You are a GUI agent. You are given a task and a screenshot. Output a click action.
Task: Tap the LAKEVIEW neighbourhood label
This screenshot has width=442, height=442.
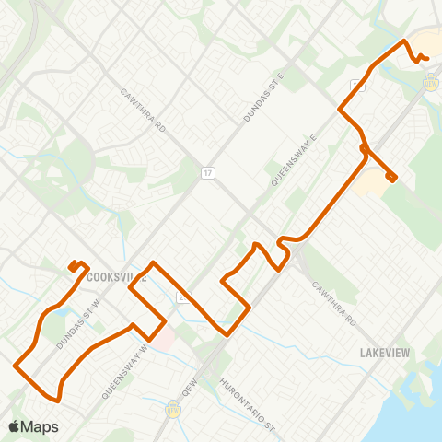coord(383,352)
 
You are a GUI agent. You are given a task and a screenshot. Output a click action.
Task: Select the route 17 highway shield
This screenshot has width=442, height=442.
coord(209,171)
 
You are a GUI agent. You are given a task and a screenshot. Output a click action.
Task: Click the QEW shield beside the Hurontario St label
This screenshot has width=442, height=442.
coord(170,407)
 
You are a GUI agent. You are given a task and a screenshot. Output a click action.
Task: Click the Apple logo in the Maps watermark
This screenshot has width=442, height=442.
coord(14,426)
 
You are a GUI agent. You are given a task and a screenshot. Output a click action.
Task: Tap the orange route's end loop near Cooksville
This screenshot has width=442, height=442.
coord(76,266)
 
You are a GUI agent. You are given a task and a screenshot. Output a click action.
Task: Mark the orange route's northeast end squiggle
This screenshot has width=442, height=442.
coord(421,58)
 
